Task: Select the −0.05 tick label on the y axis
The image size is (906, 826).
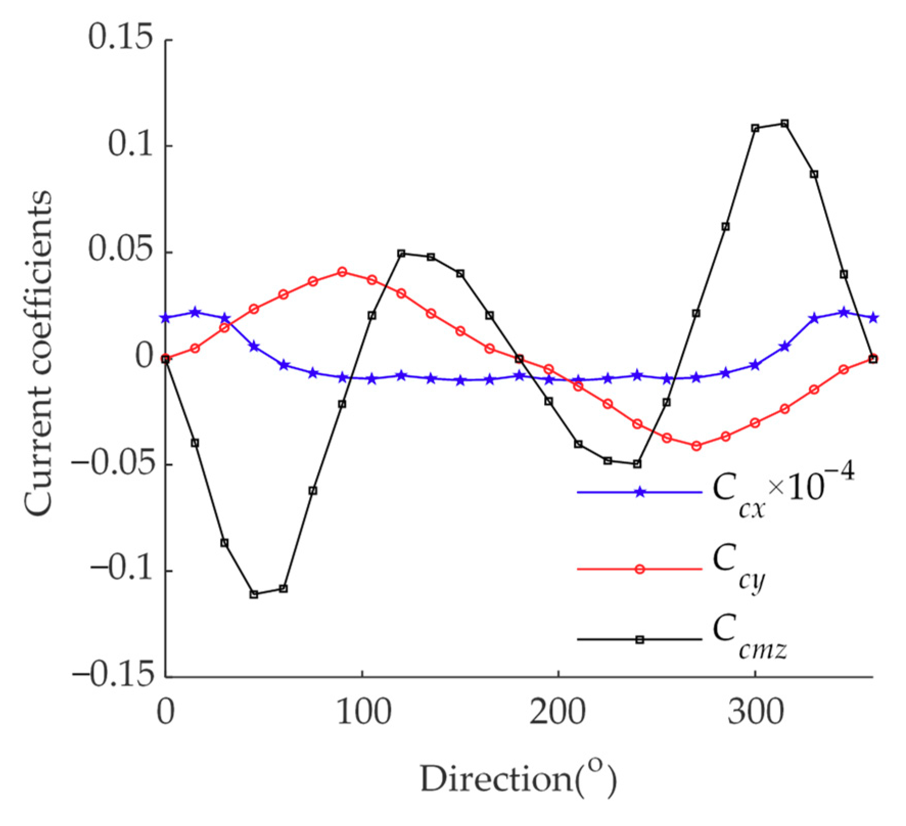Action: click(x=113, y=464)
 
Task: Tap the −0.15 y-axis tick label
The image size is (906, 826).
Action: click(x=113, y=675)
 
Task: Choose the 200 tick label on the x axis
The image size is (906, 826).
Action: click(x=557, y=712)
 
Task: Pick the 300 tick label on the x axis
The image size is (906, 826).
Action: click(x=755, y=712)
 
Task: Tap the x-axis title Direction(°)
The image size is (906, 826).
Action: click(x=518, y=781)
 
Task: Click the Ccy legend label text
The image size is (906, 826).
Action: click(x=738, y=567)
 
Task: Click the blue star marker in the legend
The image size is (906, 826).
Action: click(x=640, y=492)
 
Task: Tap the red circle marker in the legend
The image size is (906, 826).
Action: click(x=640, y=569)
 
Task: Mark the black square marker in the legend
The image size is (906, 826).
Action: click(x=640, y=639)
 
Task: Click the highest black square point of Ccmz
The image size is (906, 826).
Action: click(x=784, y=124)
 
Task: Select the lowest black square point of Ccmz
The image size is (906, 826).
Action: click(x=254, y=594)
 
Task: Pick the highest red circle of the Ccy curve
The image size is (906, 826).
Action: click(x=342, y=271)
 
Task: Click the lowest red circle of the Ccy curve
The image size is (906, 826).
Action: click(x=696, y=446)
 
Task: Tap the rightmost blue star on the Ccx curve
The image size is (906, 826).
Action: click(x=873, y=318)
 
